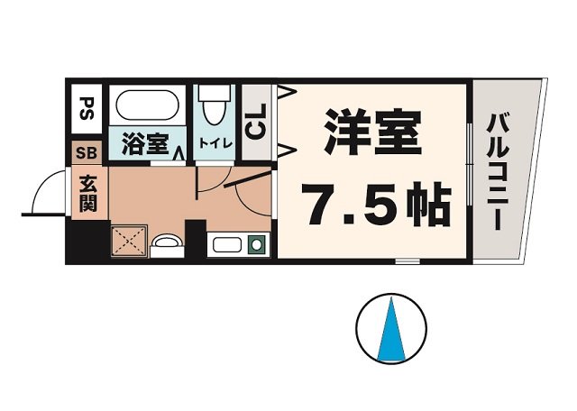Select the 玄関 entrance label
click(x=88, y=191)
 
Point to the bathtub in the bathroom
click(x=148, y=108)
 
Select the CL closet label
click(x=255, y=122)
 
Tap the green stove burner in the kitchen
click(x=256, y=243)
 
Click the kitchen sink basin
click(x=225, y=243)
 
